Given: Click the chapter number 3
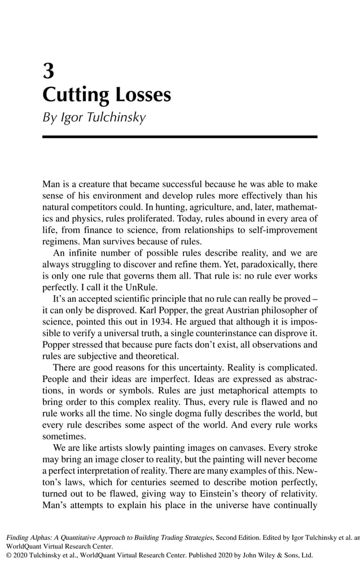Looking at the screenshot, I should (49, 72).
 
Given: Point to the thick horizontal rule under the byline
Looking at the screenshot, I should (180, 137).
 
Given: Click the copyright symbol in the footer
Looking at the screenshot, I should (9, 555).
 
